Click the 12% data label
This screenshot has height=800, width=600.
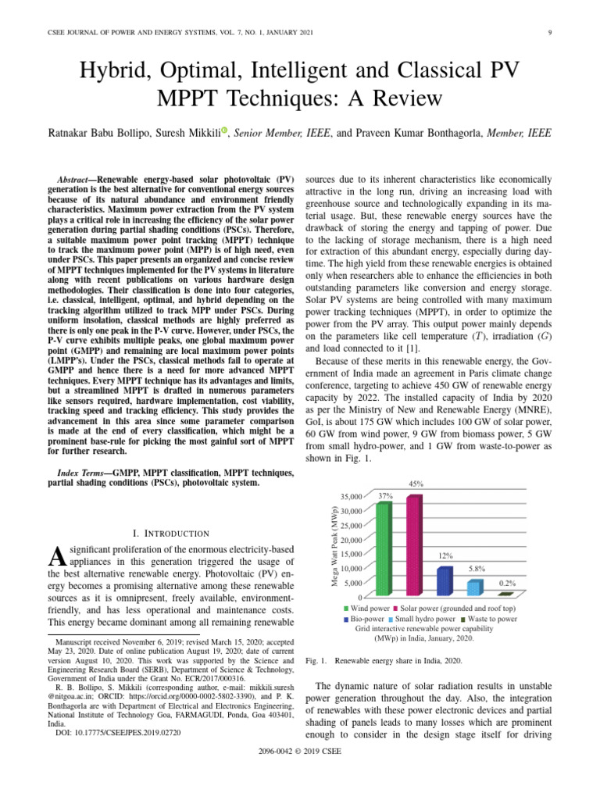tap(446, 555)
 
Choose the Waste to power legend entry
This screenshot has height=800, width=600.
tap(487, 619)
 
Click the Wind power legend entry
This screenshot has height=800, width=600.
tap(370, 608)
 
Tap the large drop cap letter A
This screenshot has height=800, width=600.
tap(55, 557)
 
